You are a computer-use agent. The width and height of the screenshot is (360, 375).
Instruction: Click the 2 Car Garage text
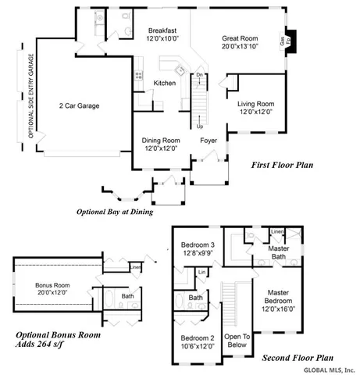[x=79, y=105]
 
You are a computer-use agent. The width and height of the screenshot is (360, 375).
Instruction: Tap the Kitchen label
[x=164, y=83]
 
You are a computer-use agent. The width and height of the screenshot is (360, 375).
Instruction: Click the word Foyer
[x=208, y=141]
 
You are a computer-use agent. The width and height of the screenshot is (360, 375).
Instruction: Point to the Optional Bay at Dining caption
[x=114, y=212]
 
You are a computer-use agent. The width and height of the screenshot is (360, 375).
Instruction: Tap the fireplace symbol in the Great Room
[x=289, y=40]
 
